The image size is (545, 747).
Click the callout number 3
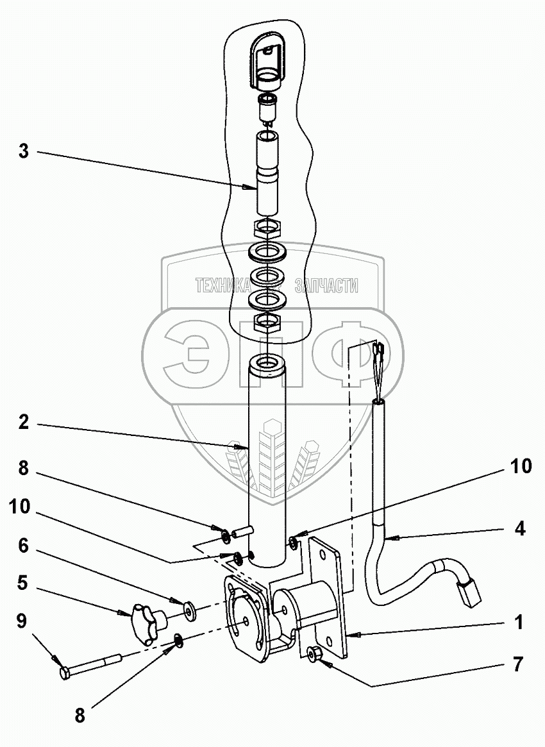coord(23,152)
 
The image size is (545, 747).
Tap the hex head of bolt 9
coord(65,673)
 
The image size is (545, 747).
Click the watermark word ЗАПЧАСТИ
coord(325,286)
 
